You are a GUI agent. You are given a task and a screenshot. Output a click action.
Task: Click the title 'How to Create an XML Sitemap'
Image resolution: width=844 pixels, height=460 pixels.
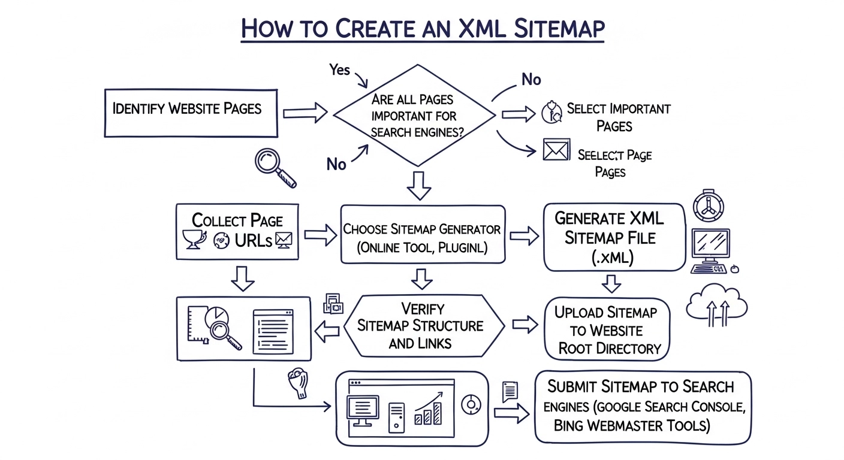click(x=422, y=28)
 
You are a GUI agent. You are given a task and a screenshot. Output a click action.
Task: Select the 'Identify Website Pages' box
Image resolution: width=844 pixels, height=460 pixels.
click(x=191, y=113)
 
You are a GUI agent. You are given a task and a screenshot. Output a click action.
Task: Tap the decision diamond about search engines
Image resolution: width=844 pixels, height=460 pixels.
click(x=414, y=115)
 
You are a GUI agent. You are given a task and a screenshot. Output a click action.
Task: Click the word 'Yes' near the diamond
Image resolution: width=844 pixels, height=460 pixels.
click(x=339, y=70)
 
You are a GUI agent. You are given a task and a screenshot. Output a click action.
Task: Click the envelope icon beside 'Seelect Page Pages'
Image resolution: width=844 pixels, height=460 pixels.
click(x=555, y=150)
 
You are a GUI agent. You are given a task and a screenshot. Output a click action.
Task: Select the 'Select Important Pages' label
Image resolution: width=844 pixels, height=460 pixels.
click(x=617, y=117)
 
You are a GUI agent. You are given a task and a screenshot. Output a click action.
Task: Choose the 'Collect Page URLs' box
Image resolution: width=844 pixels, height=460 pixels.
click(x=237, y=231)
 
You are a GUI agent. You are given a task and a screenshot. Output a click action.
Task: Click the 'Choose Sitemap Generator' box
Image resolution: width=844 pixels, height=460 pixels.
click(x=423, y=235)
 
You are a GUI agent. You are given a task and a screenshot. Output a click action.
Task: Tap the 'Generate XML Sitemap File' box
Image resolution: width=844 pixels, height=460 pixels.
click(x=613, y=237)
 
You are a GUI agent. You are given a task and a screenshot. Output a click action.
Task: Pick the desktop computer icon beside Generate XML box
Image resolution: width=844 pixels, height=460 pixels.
click(x=712, y=250)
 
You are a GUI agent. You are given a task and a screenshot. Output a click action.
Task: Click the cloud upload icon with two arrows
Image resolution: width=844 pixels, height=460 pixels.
click(x=717, y=305)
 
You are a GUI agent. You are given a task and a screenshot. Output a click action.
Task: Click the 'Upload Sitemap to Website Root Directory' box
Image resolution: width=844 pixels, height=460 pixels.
click(x=607, y=329)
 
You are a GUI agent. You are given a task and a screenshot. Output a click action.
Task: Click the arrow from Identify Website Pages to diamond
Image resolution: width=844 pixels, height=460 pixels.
click(x=305, y=113)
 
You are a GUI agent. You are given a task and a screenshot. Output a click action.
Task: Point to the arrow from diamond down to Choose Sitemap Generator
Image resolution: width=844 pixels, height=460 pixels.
click(x=418, y=185)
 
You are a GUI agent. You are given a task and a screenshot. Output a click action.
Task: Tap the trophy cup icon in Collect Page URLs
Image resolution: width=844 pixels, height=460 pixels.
click(x=194, y=238)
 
